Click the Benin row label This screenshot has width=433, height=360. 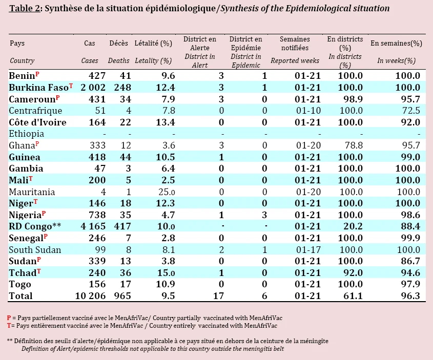pos(22,76)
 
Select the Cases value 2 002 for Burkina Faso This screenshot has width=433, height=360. pos(93,88)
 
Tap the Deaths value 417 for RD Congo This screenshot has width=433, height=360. pos(122,226)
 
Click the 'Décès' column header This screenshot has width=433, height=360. pos(119,44)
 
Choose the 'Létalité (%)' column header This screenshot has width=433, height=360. pos(153,44)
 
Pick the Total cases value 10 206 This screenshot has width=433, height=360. pos(90,295)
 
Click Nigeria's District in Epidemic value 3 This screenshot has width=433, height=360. pos(264,215)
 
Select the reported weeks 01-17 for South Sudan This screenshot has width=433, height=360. pos(308,250)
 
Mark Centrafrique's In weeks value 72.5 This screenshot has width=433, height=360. pos(411,111)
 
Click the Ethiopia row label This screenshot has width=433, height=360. pos(27,134)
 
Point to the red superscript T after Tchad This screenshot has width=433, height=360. pos(39,271)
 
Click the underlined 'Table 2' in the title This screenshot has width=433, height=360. pos(25,8)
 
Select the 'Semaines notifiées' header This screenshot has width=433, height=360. pos(295,44)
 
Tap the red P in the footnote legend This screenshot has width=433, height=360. pos(9,318)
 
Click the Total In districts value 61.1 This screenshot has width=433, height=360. pos(353,295)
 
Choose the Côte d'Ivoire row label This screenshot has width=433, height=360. pos(37,122)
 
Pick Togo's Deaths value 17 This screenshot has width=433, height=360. pos(126,284)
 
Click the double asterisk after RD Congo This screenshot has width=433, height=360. pos(57,225)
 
